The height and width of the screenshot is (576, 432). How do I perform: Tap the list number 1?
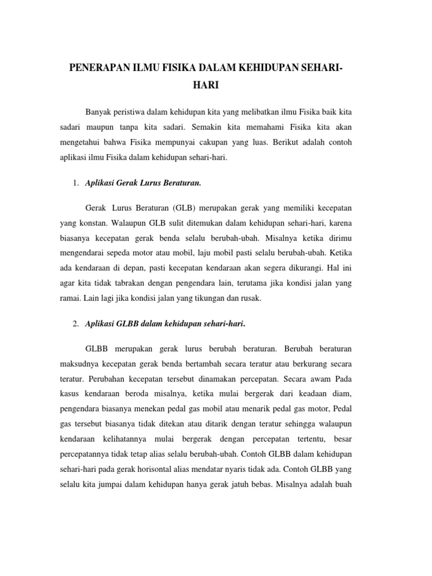76,183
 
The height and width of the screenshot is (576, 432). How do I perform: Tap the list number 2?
76,324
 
